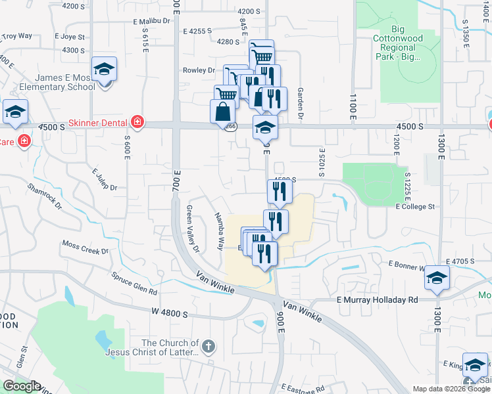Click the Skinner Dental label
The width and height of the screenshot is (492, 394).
pyautogui.click(x=99, y=123)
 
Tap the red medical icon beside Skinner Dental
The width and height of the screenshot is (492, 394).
pyautogui.click(x=137, y=122)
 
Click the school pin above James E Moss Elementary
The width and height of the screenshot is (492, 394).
pyautogui.click(x=104, y=69)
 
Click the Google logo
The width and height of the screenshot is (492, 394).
pyautogui.click(x=21, y=386)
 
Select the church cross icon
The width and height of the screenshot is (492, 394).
pyautogui.click(x=208, y=347)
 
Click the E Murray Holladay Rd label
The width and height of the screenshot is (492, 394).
pyautogui.click(x=378, y=299)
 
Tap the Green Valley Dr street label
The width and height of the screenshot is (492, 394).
pyautogui.click(x=192, y=229)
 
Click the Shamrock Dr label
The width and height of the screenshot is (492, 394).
pyautogui.click(x=45, y=196)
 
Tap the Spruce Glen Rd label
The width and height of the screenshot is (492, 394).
pyautogui.click(x=134, y=283)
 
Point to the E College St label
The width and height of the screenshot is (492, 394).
pyautogui.click(x=415, y=207)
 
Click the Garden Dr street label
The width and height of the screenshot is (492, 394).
pyautogui.click(x=300, y=104)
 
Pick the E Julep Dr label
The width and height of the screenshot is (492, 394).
pyautogui.click(x=104, y=179)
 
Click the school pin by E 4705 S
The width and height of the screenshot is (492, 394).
pyautogui.click(x=436, y=277)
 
